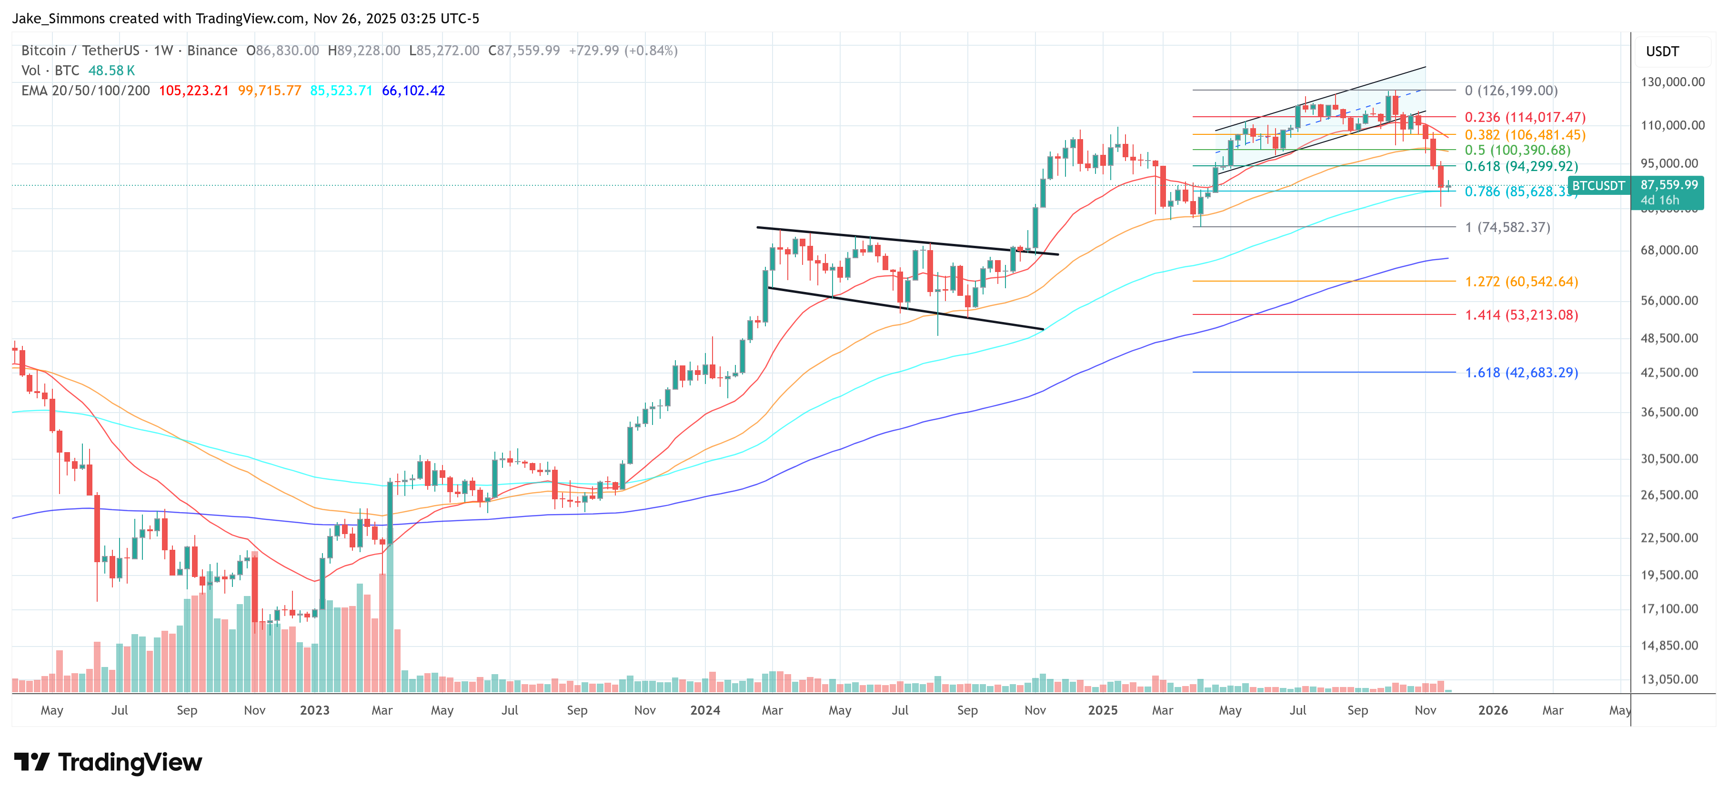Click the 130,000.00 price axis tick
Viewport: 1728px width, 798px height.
coord(1672,82)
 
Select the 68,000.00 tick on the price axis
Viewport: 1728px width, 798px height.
coord(1669,250)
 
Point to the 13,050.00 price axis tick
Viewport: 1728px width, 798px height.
coord(1669,679)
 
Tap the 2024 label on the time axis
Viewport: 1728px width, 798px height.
coord(705,710)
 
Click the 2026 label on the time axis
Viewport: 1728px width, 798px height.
coord(1493,710)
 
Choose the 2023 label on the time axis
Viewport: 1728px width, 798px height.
coord(315,710)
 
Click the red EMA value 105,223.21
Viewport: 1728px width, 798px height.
coord(194,91)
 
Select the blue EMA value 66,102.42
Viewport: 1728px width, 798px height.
coord(413,91)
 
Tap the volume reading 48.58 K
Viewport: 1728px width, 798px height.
coord(111,71)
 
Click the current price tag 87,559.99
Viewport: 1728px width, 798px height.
coord(1669,184)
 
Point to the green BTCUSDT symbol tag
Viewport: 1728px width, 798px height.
coord(1598,186)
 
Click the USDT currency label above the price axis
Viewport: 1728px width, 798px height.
coord(1662,51)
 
